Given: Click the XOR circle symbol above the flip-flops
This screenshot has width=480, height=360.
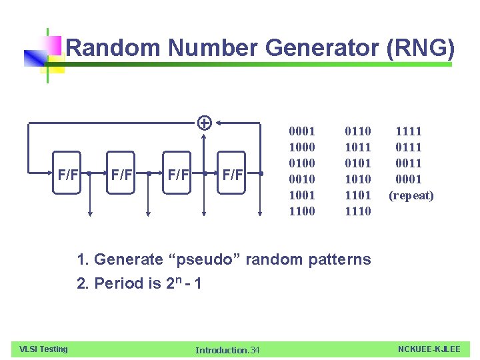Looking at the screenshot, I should [205, 123].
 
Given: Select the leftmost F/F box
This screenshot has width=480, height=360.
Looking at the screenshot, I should [67, 175].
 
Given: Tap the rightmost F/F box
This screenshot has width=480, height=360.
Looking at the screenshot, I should [233, 175].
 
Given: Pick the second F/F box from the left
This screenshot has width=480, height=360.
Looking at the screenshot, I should [121, 175].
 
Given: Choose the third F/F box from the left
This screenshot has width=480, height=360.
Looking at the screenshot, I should [177, 175].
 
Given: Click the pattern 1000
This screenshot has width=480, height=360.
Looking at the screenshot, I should [301, 147].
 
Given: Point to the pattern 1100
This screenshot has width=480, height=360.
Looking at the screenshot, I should [301, 211].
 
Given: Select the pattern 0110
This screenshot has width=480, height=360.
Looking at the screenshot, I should [358, 131].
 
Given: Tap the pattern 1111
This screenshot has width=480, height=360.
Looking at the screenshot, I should [409, 131].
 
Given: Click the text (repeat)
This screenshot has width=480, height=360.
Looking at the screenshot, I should [411, 195].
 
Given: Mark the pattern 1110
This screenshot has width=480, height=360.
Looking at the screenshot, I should [358, 211].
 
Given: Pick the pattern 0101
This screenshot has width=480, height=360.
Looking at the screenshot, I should [358, 163].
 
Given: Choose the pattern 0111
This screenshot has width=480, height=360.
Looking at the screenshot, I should [409, 147].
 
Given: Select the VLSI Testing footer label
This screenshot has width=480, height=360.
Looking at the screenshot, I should [43, 349].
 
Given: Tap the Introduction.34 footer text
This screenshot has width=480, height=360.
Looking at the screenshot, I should [227, 350].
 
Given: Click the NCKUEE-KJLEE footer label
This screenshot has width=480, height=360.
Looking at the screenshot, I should [429, 349].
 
